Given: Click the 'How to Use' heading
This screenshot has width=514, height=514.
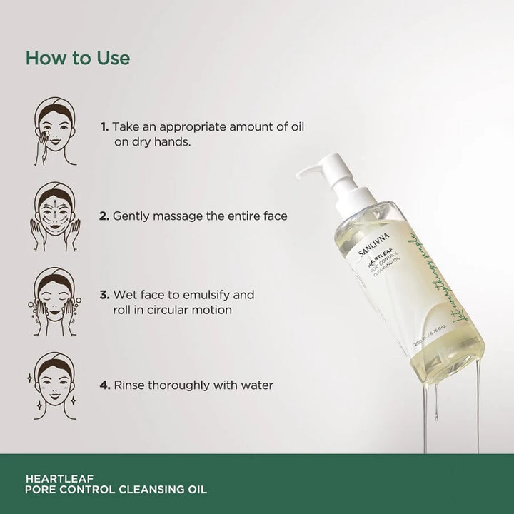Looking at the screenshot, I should tap(78, 58).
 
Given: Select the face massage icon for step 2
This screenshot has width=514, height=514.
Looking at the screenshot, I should tap(55, 216).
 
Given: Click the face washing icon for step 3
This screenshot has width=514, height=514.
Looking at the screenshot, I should tap(56, 301).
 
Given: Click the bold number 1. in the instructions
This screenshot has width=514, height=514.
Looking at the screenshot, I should tap(105, 126).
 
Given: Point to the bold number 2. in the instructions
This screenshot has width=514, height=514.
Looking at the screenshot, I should tap(104, 215).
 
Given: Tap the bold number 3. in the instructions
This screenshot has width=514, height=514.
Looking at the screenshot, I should tap(104, 294).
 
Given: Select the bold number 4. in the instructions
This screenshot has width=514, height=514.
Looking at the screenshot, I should tap(104, 385).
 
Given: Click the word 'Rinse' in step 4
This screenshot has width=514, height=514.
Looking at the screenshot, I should tap(131, 385).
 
